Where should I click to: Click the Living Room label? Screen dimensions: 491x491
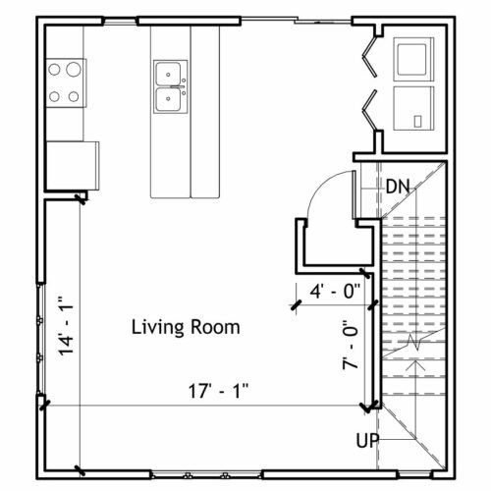tap(186, 327)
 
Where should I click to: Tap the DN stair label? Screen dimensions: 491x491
tap(398, 187)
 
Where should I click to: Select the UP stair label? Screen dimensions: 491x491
tap(367, 440)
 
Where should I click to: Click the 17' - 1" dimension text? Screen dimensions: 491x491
tap(218, 391)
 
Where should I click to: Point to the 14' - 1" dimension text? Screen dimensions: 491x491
tap(66, 326)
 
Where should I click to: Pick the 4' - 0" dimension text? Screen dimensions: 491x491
tap(335, 291)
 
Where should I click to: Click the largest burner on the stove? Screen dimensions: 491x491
tap(74, 70)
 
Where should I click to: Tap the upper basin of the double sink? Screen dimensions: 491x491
tap(168, 74)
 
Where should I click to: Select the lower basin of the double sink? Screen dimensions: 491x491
tap(168, 99)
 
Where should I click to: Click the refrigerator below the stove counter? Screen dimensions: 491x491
tap(73, 166)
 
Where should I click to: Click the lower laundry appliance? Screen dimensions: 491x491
tap(413, 109)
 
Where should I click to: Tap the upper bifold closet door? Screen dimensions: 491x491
tap(369, 57)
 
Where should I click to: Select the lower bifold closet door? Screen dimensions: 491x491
tap(369, 110)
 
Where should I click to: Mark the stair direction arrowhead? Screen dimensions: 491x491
tap(416, 364)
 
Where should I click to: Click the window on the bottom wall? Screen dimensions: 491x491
tap(207, 474)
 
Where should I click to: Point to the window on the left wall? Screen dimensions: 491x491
tap(40, 339)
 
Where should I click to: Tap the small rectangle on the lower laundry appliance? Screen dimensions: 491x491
tap(417, 121)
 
